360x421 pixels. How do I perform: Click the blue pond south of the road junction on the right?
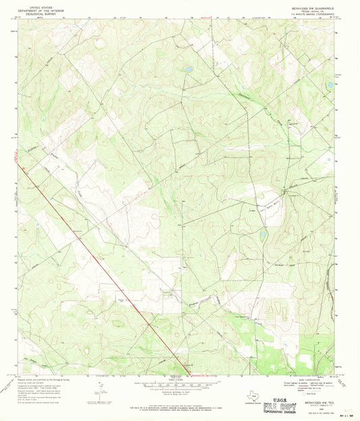(x=262, y=235)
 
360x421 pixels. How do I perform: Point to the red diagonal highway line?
(x=101, y=264)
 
